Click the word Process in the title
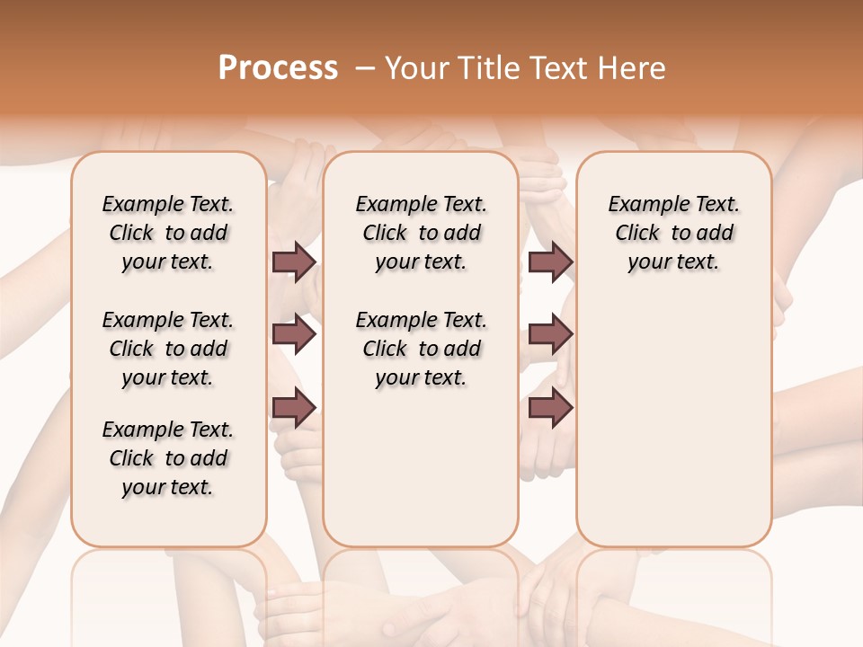[278, 68]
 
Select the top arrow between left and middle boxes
[294, 262]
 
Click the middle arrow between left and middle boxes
[294, 335]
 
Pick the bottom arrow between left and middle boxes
[294, 408]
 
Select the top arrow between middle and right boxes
[550, 262]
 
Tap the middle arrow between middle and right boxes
[550, 335]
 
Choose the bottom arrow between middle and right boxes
[550, 408]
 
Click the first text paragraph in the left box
[168, 233]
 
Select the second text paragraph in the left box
[168, 349]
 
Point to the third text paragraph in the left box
[168, 458]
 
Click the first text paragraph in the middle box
[421, 233]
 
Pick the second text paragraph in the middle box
[421, 349]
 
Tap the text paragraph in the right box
[673, 233]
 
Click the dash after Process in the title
[364, 68]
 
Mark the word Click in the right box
[637, 234]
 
